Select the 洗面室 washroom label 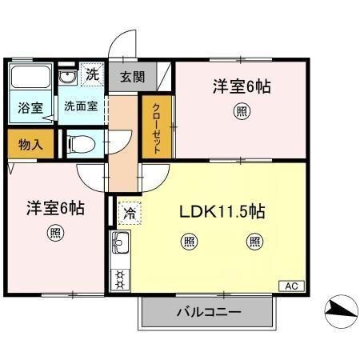(x=80, y=106)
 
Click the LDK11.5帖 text (x=222, y=212)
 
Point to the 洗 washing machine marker (x=92, y=75)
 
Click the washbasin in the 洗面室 (x=69, y=78)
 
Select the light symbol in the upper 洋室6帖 (x=241, y=113)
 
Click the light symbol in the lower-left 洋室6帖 (x=54, y=234)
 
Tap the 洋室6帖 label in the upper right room (x=241, y=86)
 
